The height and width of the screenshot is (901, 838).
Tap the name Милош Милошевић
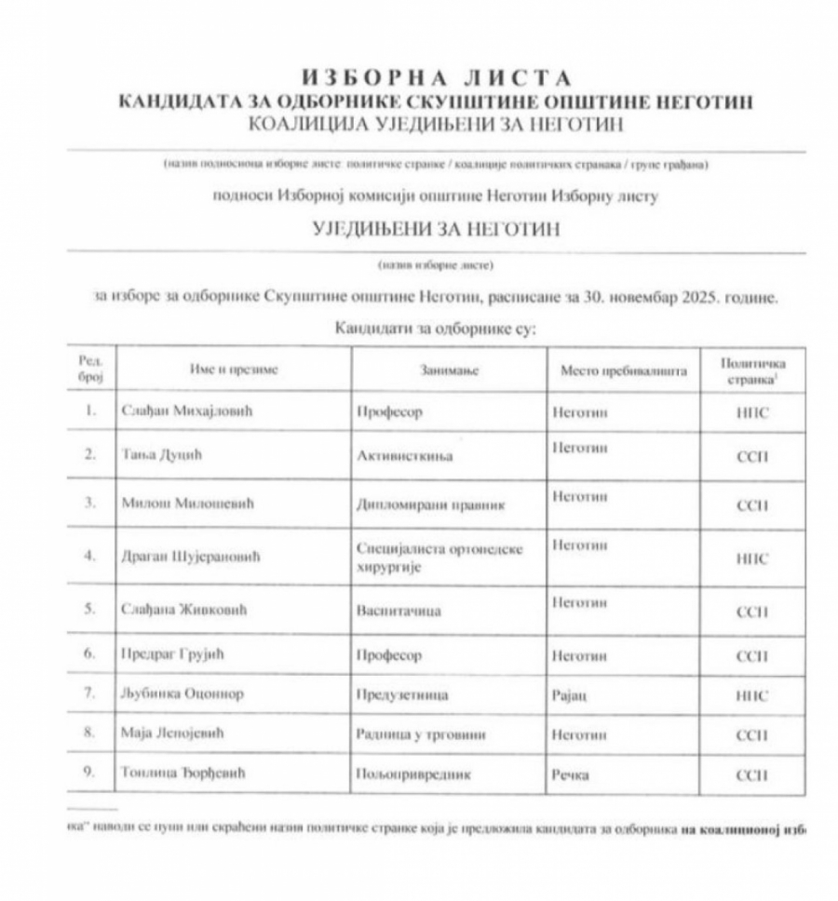(x=188, y=504)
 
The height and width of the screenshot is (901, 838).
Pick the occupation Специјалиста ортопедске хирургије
(x=439, y=557)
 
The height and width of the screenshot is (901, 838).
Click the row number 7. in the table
(x=89, y=694)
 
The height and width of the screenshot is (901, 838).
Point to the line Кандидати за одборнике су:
(x=435, y=328)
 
